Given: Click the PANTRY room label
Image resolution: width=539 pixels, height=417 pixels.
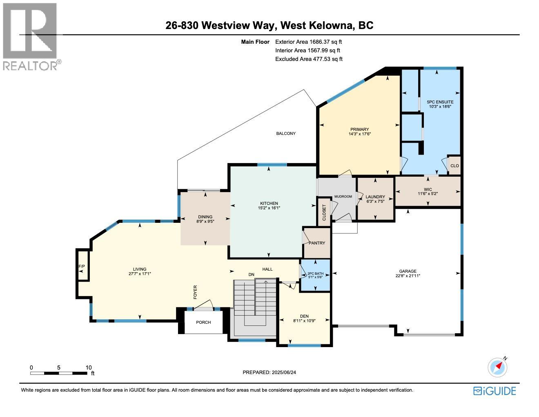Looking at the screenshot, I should point(317,243).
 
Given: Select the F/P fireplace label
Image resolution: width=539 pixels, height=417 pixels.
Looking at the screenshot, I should point(82,267).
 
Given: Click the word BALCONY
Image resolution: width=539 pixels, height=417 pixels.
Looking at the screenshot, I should point(286,134).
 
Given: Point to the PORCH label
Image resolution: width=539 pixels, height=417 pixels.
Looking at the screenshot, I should point(203,323).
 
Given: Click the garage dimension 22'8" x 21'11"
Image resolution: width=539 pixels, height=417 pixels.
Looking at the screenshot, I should point(408,276).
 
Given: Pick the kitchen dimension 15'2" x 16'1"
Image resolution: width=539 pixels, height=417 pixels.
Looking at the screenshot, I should point(269,208).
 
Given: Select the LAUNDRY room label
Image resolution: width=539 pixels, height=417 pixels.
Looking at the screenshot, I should point(375,197).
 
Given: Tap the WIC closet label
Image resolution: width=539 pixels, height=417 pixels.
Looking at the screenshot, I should point(428,190).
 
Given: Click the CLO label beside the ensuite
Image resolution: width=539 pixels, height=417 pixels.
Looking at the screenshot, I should point(454,166).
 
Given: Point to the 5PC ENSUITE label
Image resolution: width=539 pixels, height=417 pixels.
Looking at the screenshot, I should point(440,102).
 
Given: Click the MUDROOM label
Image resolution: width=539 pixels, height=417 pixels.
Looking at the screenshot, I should point(343,197).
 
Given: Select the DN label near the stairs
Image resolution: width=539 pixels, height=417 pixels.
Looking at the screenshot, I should point(252,274).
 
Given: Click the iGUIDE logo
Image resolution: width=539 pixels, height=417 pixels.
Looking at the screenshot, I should point(494,391).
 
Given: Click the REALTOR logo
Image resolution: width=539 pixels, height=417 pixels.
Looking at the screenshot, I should point(31,37).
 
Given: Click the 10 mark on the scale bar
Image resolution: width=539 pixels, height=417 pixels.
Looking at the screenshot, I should point(89,368).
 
